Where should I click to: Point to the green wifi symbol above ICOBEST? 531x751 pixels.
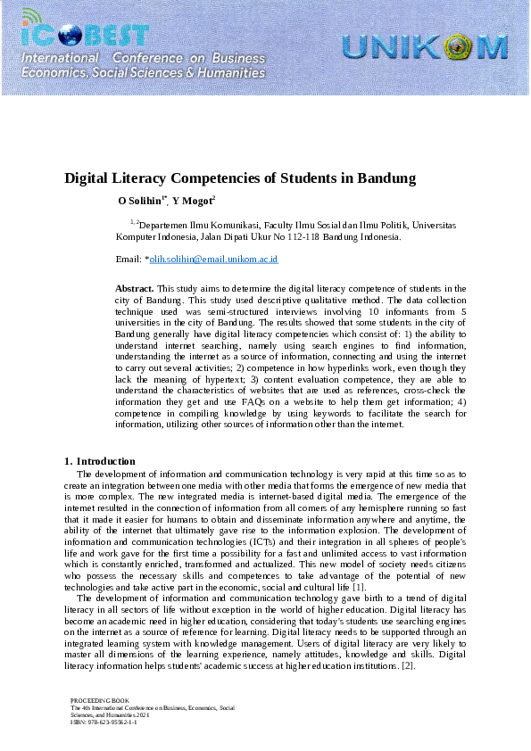click(31, 16)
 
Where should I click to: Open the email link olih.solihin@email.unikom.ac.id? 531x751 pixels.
click(213, 259)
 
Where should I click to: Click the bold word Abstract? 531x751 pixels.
click(135, 288)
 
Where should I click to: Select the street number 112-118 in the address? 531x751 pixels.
click(295, 237)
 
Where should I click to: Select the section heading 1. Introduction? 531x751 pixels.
click(100, 461)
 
